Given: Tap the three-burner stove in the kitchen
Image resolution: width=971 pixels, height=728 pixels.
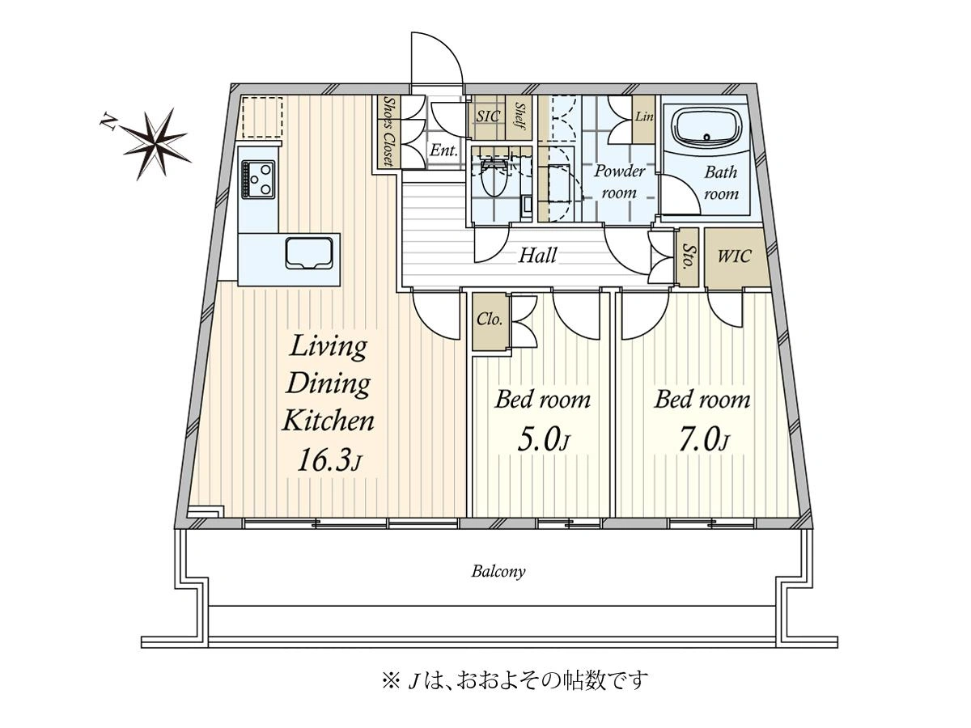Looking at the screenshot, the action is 257,179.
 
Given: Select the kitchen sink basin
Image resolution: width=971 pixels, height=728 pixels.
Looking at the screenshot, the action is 309,253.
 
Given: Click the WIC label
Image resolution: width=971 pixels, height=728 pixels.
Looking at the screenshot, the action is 734,256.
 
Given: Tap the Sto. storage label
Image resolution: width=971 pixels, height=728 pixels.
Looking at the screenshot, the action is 687,256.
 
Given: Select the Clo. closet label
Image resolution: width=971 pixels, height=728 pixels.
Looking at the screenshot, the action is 490,319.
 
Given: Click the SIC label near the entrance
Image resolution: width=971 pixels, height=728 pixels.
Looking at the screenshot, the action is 487,116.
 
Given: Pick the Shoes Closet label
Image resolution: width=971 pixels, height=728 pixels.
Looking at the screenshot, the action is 389,132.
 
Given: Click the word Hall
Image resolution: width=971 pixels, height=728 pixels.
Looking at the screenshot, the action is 537,256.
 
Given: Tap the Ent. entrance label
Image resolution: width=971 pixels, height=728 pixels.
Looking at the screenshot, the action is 443,150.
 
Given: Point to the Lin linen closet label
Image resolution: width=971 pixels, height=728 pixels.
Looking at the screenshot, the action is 644,116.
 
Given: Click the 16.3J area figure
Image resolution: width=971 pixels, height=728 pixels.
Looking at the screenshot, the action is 329,460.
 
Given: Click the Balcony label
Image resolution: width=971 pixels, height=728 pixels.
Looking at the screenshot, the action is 498,572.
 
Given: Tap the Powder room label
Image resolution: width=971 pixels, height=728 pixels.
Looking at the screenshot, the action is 619,182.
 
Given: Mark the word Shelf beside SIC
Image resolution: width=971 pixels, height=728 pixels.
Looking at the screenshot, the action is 520,116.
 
